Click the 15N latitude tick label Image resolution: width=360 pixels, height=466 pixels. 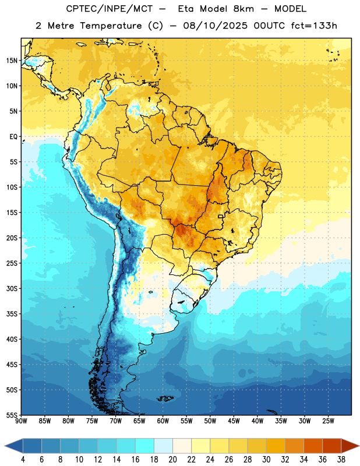tap(12, 61)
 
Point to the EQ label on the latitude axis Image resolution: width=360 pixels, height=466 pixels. tap(13, 137)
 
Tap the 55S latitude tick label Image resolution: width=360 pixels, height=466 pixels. tap(12, 415)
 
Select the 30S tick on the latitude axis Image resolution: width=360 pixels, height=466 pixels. tap(12, 288)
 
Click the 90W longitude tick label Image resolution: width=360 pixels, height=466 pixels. tap(21, 421)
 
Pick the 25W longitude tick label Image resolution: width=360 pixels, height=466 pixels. tap(328, 421)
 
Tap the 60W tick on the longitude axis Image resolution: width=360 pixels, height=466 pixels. tap(163, 421)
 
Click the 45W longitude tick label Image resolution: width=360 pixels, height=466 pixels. tap(234, 421)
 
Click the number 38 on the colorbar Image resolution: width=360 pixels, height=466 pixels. tap(341, 460)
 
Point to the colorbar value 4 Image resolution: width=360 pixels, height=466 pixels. tap(23, 460)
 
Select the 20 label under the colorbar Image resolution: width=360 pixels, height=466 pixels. tap(172, 460)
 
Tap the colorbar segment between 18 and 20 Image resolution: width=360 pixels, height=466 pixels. tap(164, 446)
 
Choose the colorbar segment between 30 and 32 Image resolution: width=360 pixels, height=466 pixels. tap(276, 446)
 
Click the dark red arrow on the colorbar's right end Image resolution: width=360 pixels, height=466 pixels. tap(350, 446)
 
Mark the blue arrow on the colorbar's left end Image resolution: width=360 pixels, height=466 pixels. tap(14, 446)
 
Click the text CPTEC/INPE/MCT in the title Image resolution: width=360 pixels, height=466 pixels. tap(109, 9)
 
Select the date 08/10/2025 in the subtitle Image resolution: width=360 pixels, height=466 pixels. tap(215, 26)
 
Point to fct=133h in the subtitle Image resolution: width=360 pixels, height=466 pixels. tap(314, 26)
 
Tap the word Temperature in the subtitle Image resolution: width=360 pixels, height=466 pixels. tap(111, 26)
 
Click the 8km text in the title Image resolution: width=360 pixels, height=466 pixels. tap(243, 9)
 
